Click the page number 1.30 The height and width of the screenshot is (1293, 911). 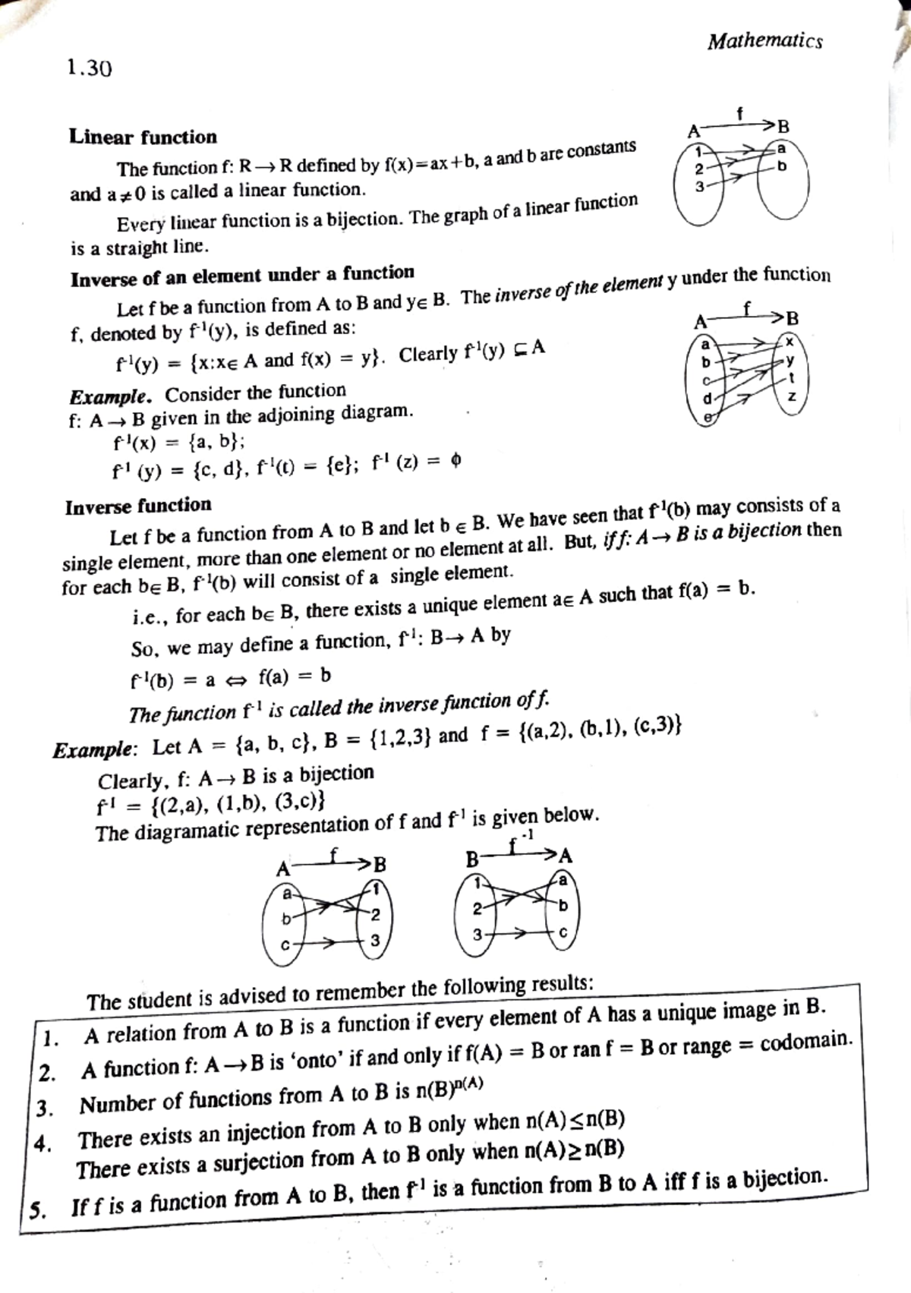tap(89, 69)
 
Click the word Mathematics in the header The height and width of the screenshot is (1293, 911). tap(764, 41)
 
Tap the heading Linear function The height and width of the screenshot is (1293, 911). tap(143, 137)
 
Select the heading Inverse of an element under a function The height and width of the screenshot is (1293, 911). tap(242, 276)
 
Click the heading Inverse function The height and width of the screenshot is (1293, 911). tap(138, 506)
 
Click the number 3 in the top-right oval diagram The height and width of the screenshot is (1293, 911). tap(699, 185)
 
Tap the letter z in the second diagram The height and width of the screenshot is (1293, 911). tap(792, 397)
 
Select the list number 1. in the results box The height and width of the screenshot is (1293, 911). tap(49, 1038)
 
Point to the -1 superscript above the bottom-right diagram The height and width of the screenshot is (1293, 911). tap(528, 834)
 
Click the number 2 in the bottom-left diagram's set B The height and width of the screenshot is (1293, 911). tap(374, 913)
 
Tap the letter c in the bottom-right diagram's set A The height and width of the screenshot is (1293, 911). tap(562, 933)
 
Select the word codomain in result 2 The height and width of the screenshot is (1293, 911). tap(806, 1042)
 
